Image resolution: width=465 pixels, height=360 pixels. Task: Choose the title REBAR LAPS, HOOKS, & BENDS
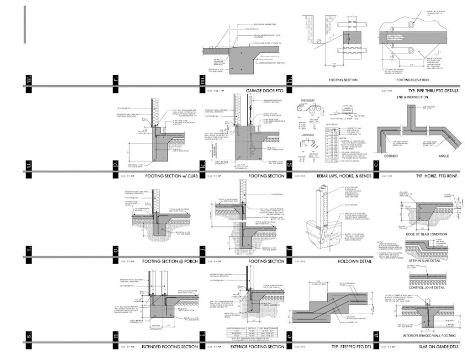coord(343,176)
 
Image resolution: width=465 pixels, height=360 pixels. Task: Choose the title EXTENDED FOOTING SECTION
coord(170,347)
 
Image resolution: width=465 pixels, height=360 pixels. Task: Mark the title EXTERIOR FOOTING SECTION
coord(257,347)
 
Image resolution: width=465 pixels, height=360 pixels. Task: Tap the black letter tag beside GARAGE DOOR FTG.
coord(202,80)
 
